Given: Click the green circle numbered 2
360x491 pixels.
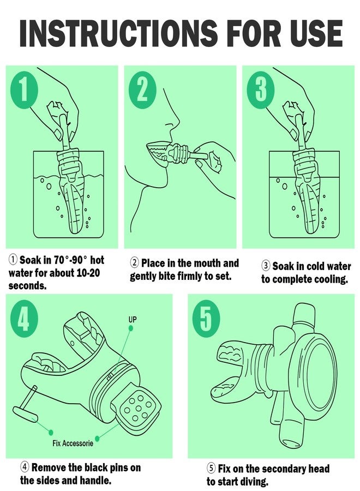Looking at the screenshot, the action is click(x=142, y=89).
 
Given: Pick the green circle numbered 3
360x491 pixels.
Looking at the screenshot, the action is click(x=261, y=89).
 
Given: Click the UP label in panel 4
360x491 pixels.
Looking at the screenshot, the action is click(x=133, y=320).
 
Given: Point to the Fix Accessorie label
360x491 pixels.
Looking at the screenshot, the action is click(x=73, y=443).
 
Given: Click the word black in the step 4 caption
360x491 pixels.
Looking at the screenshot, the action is click(x=83, y=468).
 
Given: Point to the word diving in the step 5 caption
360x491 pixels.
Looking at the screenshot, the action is click(x=254, y=481).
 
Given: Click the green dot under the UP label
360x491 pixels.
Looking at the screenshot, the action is click(x=131, y=328).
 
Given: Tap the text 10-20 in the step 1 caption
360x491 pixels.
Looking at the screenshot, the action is click(x=88, y=273).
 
